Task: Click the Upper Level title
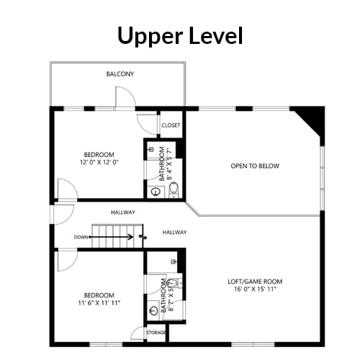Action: point(180,36)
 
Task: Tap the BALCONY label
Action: point(120,74)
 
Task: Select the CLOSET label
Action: point(171,125)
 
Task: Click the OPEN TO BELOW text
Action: point(255,166)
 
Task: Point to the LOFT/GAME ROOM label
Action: point(255,282)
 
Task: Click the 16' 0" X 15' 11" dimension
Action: point(255,289)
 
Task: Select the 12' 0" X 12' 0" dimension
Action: point(99,162)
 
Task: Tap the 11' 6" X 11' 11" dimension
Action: point(99,303)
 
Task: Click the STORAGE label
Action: point(156,333)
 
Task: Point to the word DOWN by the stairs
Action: point(81,237)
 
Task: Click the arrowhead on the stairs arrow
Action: point(132,237)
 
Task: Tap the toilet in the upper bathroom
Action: point(174,189)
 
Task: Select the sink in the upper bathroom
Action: point(156,192)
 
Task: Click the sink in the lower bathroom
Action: point(154,311)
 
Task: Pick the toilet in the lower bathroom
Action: point(175,283)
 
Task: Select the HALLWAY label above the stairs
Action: point(123,212)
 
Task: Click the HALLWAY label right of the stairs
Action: point(174,233)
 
